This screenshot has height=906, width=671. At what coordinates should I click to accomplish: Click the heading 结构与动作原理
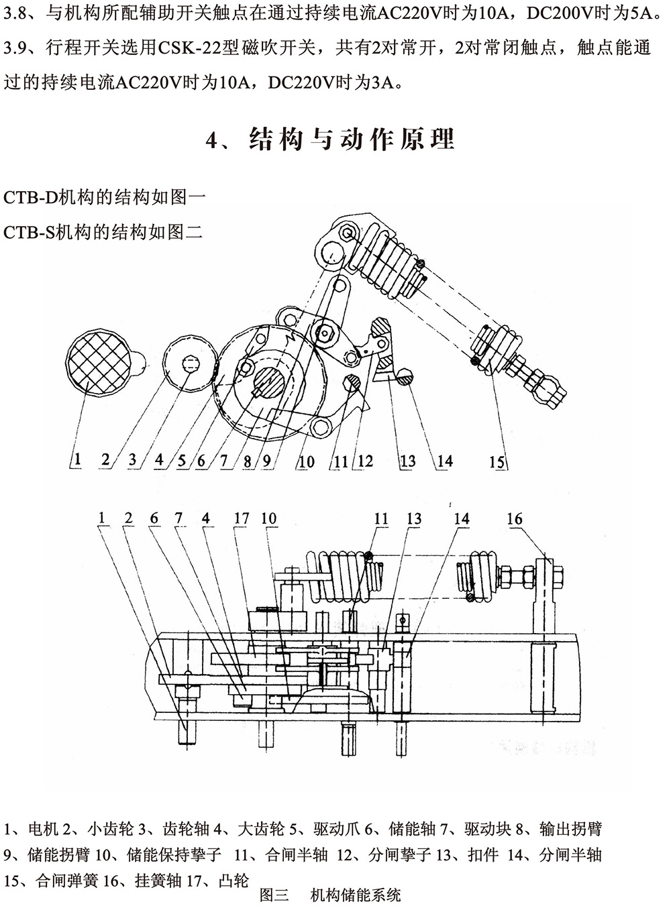(x=353, y=139)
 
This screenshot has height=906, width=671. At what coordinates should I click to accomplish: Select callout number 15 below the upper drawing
(x=497, y=462)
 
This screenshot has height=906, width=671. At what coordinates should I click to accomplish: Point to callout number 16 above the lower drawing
(x=515, y=519)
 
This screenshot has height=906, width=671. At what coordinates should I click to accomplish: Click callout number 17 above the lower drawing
(x=241, y=518)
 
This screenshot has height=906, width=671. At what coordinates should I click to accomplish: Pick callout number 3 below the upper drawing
(x=132, y=460)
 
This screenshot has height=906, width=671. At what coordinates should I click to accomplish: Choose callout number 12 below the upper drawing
(x=366, y=461)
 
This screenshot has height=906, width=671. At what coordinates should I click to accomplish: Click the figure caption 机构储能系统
(x=356, y=895)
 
